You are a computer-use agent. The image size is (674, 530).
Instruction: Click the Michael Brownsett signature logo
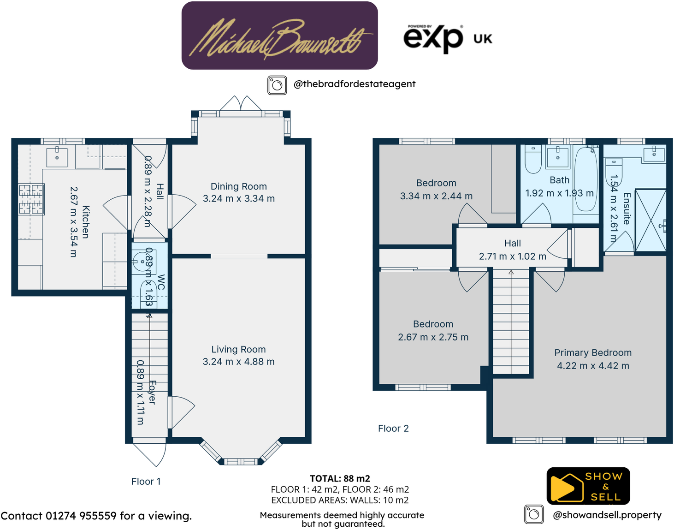pos(279,36)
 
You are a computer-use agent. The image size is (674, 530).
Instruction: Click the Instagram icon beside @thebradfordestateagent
pos(277,85)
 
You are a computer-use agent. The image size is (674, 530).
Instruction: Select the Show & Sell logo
pos(588,486)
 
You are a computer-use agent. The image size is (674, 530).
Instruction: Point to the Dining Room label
pos(238,186)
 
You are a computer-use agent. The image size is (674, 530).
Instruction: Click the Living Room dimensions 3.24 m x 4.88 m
pos(238,362)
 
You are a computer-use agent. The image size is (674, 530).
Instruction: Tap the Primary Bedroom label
pos(593,353)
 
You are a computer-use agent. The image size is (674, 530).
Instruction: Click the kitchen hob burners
pos(31,199)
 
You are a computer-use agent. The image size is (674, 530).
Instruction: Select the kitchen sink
pos(57,157)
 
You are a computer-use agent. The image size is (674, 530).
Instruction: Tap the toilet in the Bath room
pos(533,159)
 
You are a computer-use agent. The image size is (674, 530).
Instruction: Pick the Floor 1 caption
pos(146,482)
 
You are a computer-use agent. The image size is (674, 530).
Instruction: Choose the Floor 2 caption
pos(393,429)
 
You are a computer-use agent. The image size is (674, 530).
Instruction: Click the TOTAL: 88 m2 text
pos(340,479)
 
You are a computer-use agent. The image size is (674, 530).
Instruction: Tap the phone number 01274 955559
pos(81,516)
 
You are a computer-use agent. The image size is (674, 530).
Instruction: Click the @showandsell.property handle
pos(607,515)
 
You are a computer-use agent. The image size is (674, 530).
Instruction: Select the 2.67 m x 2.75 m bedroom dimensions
pos(433,337)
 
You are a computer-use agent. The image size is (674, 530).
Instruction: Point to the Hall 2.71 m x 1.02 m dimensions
pos(512,256)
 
